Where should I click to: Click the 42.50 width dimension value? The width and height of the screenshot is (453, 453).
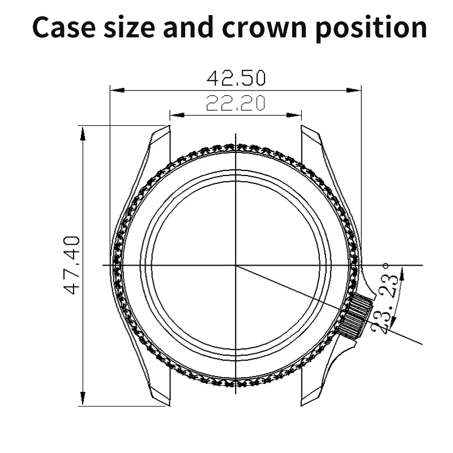(236, 77)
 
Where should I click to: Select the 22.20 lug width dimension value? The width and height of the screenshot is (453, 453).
(236, 103)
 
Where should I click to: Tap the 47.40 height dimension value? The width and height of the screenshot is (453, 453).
(72, 265)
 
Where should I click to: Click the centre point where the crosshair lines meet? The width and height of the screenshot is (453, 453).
(236, 265)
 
